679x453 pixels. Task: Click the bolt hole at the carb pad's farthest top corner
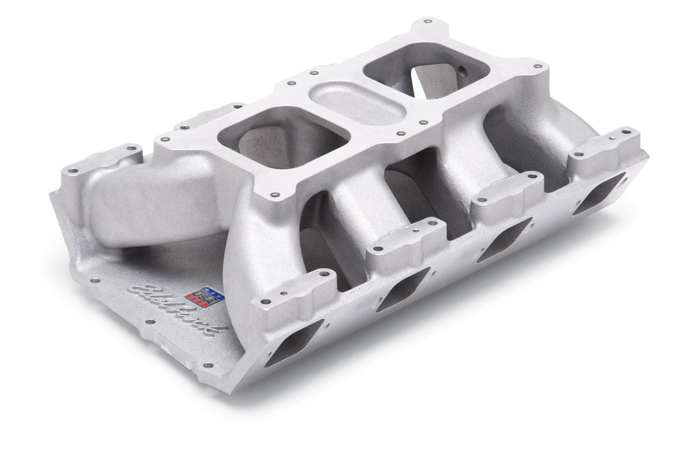(424, 22)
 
